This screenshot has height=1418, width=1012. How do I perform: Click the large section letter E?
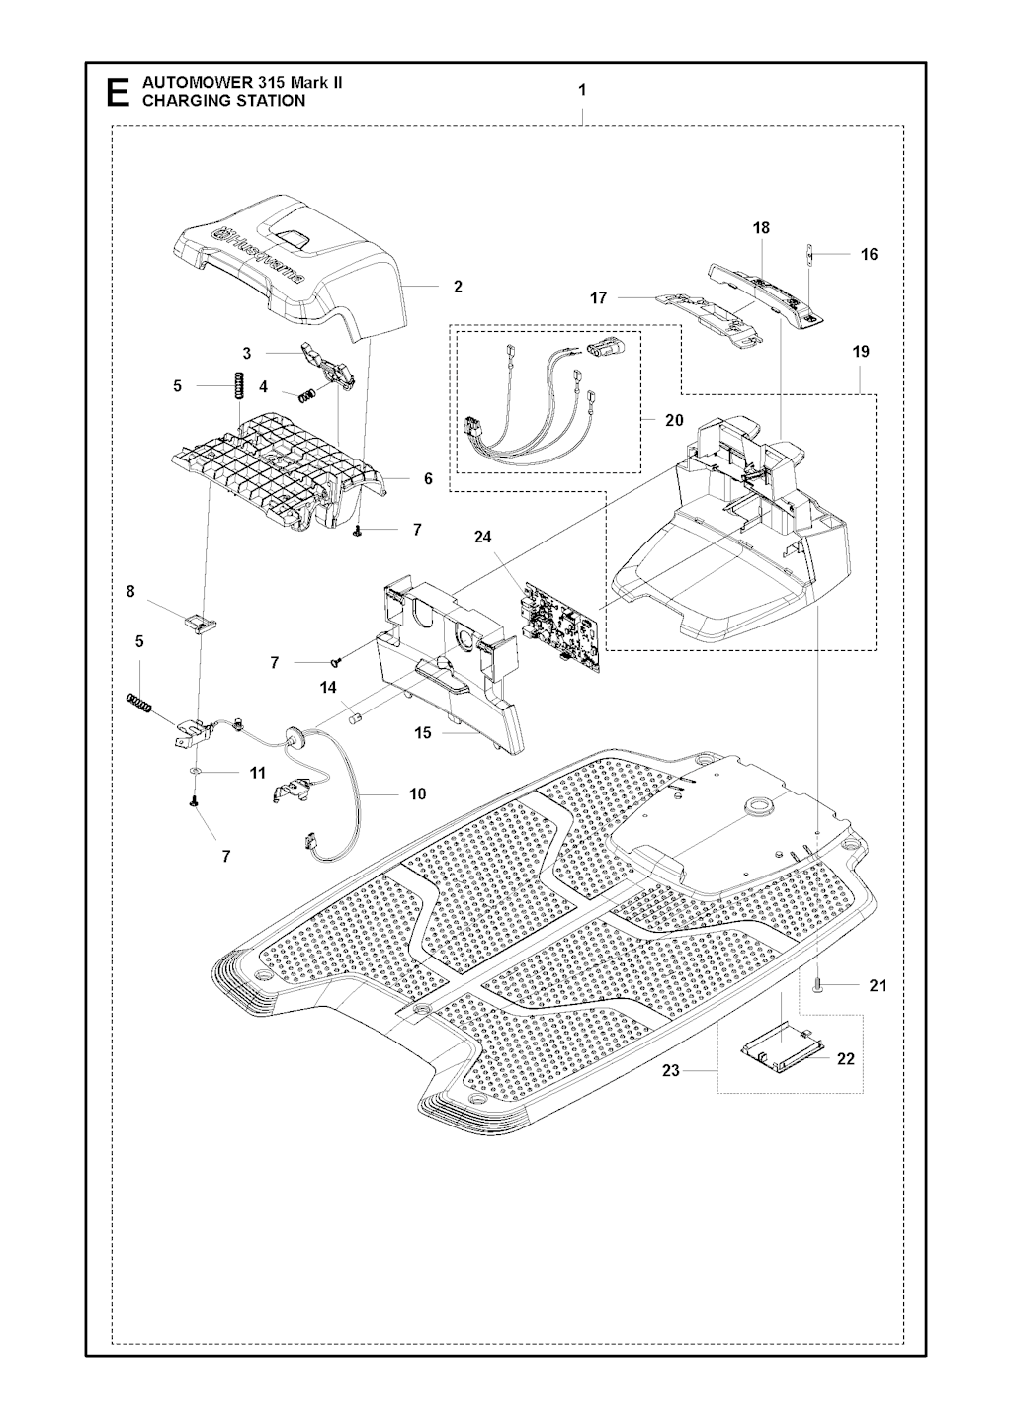(118, 93)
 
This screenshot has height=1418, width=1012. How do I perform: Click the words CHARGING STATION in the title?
(223, 101)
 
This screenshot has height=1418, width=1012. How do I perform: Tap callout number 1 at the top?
(582, 90)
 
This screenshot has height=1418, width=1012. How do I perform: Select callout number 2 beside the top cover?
(458, 287)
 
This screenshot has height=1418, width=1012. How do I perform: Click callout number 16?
(870, 254)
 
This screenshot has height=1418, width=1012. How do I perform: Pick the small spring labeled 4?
(307, 395)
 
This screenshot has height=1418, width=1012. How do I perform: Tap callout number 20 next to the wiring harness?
(674, 420)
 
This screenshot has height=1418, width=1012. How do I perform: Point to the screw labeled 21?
(817, 985)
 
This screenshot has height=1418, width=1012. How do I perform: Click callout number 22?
(846, 1057)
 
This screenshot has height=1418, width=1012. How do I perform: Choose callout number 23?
(671, 1070)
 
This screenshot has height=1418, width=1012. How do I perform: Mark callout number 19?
(861, 352)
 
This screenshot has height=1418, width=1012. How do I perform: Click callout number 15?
(422, 732)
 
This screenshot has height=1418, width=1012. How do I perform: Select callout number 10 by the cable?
(417, 793)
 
